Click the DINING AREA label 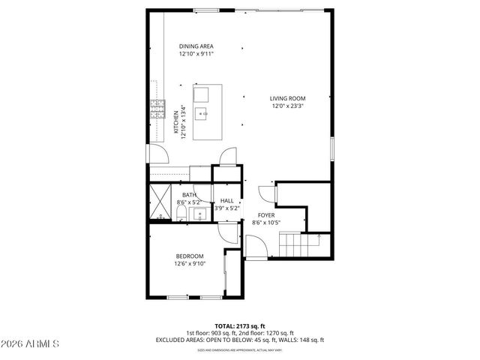[196, 46]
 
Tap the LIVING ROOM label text [288, 98]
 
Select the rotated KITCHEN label [177, 121]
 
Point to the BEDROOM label [189, 256]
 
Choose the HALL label [226, 201]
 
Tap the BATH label [189, 195]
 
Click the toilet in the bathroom [181, 215]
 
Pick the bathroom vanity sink [199, 215]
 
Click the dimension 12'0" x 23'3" [288, 106]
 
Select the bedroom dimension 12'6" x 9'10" [189, 264]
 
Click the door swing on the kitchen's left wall [158, 153]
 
